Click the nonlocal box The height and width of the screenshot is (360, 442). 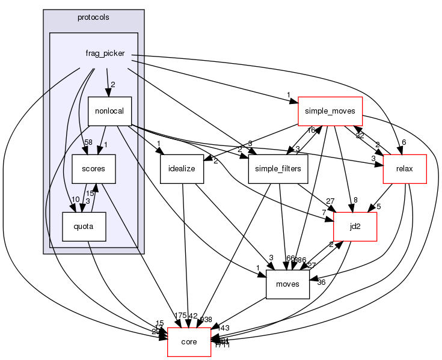(109, 111)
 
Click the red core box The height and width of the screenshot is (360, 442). (189, 342)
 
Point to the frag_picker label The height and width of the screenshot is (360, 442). (105, 53)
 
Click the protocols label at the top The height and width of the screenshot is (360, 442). (93, 17)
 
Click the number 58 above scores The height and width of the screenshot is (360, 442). (87, 142)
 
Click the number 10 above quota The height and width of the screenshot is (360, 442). (76, 199)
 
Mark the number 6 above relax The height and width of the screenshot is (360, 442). (404, 142)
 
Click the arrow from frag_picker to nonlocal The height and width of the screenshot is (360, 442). (108, 81)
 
